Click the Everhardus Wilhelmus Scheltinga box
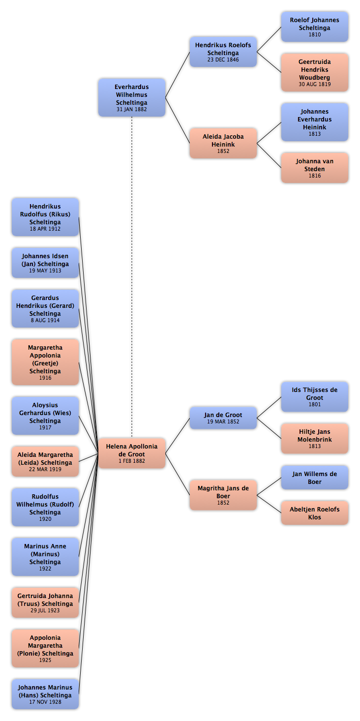click(132, 97)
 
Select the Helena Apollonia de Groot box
click(132, 453)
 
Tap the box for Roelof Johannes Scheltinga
click(315, 27)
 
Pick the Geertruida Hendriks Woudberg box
click(315, 72)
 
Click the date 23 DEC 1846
click(223, 60)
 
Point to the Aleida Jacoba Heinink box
click(223, 143)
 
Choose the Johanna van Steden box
click(315, 168)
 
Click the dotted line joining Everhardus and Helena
click(132, 277)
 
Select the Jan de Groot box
click(223, 418)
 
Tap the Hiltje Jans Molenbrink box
click(315, 438)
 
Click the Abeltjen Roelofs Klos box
click(315, 513)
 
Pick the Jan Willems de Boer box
click(315, 478)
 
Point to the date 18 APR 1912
click(45, 229)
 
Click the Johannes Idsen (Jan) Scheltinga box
click(45, 263)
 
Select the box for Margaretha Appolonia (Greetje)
click(45, 362)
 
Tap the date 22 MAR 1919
click(45, 469)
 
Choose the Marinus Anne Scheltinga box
click(45, 557)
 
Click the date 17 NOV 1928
click(45, 702)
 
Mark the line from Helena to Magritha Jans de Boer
click(178, 474)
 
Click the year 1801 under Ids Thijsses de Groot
click(315, 404)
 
